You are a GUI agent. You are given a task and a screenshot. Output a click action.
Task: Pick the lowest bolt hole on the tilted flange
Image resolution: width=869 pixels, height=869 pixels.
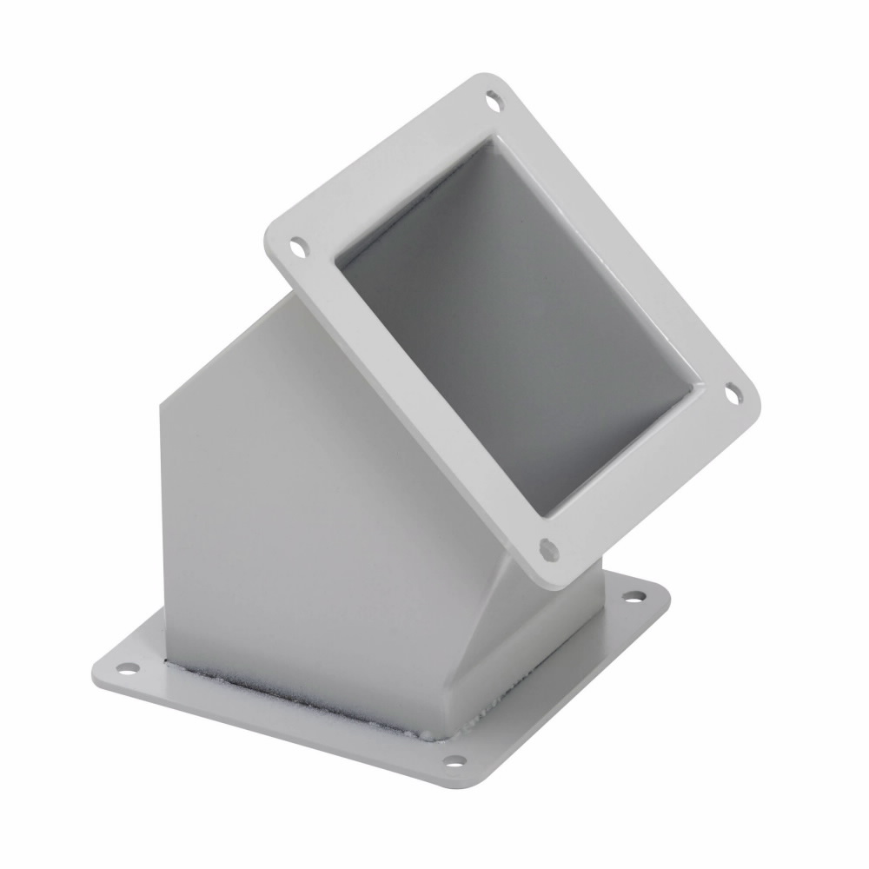click(x=547, y=547)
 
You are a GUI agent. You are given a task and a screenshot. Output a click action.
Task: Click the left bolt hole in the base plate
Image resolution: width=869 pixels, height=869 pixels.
click(x=128, y=668)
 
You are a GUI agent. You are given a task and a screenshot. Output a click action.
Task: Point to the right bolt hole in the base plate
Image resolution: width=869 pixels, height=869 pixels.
click(x=635, y=598)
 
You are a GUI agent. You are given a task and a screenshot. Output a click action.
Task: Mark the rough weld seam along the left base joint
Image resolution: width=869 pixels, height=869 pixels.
click(x=304, y=687)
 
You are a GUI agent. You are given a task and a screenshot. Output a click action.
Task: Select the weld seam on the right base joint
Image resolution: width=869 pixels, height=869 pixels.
click(x=521, y=678)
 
